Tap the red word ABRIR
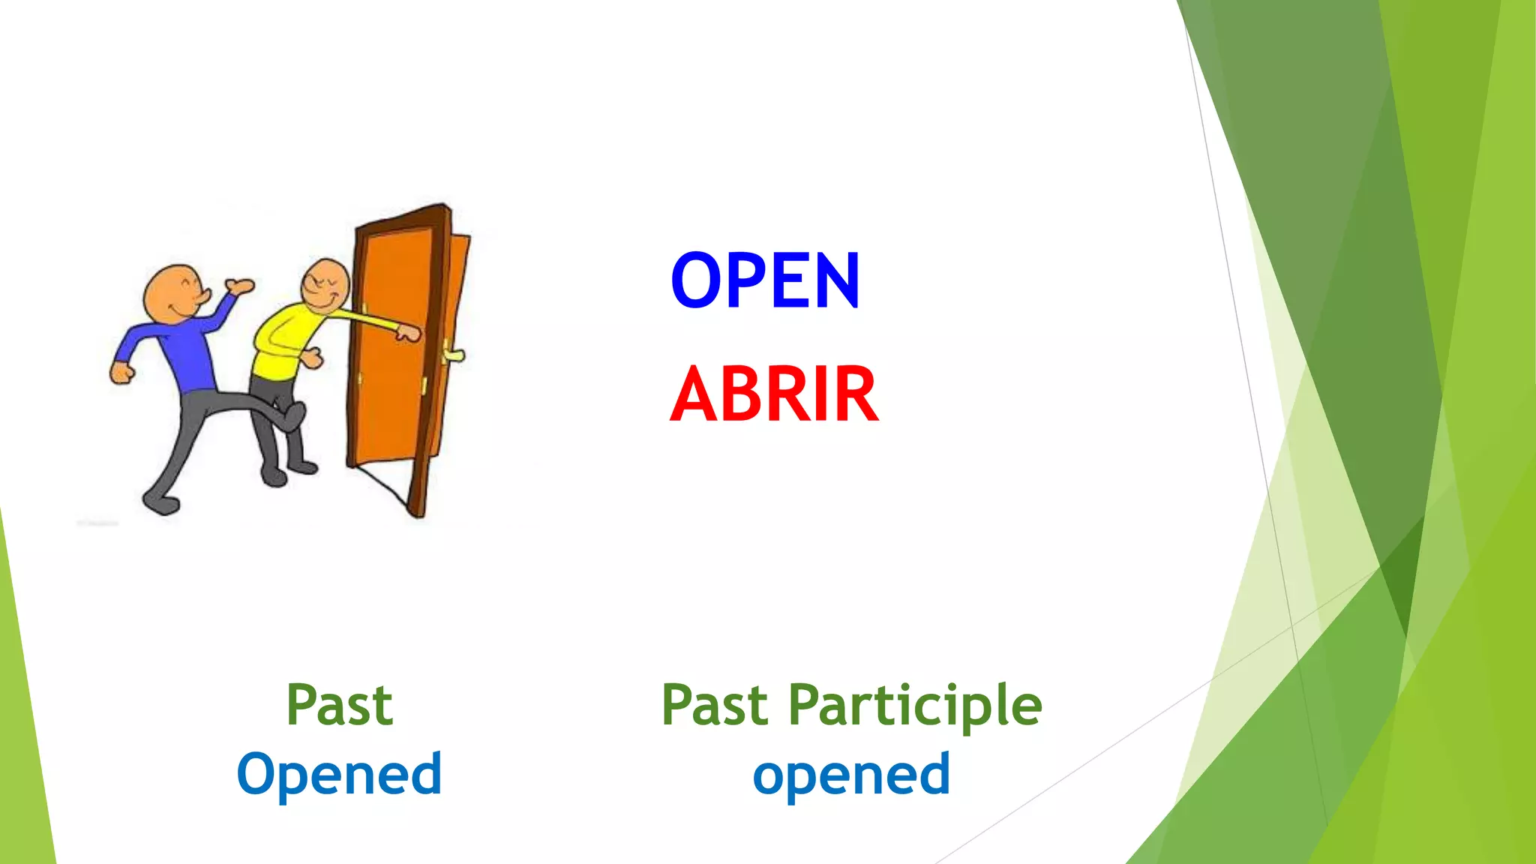774,394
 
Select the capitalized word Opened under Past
339,774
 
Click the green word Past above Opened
339,705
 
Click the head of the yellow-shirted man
326,285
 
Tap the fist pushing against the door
409,332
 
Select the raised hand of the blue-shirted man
240,286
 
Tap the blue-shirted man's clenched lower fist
121,373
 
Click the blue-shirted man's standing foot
160,502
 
